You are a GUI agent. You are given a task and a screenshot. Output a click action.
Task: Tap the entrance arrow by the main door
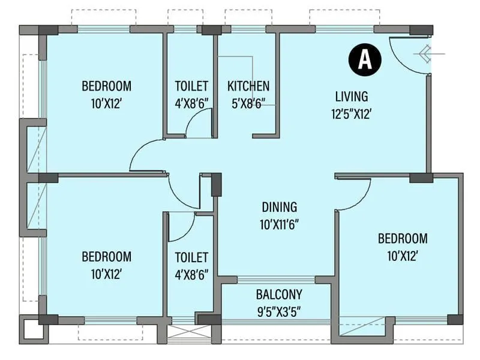(x=427, y=54)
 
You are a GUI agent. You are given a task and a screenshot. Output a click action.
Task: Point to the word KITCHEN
(x=248, y=86)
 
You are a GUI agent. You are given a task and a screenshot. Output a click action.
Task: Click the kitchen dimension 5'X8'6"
(x=248, y=103)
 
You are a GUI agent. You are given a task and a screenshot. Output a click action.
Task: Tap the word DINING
(x=279, y=208)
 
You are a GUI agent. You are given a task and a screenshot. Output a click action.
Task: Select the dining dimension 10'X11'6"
(x=279, y=225)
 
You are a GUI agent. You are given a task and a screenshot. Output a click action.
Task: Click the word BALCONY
(x=278, y=295)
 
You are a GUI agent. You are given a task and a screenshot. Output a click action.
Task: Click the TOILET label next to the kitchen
(x=191, y=86)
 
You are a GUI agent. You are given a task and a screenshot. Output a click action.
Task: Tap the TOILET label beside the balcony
(x=191, y=257)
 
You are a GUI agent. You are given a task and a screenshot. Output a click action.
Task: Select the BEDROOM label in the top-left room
(x=106, y=86)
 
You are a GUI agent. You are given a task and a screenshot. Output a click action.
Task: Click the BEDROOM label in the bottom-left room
(x=106, y=257)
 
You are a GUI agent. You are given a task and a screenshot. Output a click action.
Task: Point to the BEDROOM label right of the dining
(x=403, y=239)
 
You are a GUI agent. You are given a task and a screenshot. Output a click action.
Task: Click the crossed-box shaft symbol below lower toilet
(x=185, y=334)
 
